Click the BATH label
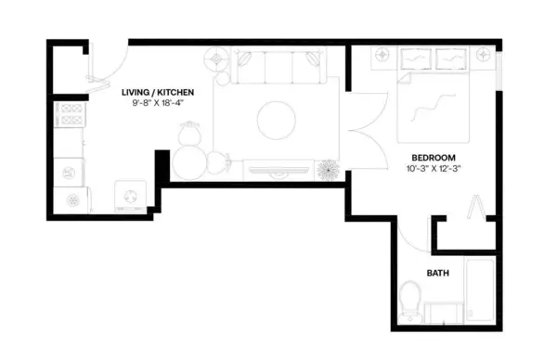point(438,274)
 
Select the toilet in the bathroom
point(410,299)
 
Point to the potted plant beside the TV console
point(329,170)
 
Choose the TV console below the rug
point(278,171)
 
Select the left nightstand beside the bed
point(382,57)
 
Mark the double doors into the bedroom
point(364,130)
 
